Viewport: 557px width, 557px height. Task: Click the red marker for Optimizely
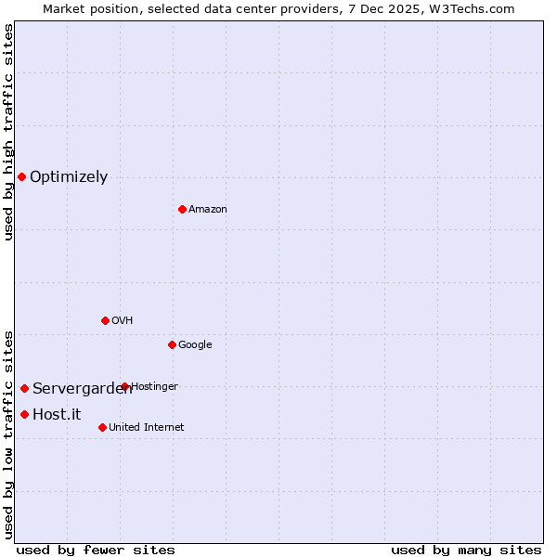coord(21,176)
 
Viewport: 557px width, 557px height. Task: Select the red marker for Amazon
coord(182,209)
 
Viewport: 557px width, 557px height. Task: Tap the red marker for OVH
coord(105,320)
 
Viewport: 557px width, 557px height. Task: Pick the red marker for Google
coord(172,344)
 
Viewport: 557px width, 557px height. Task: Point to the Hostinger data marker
coord(124,386)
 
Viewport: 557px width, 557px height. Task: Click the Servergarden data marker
coord(24,388)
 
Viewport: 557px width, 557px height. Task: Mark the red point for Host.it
coord(24,414)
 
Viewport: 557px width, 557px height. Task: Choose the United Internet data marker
coord(102,427)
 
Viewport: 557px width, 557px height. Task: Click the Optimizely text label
coord(69,176)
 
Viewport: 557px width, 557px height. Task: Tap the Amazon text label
coord(207,209)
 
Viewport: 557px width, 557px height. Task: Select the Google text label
coord(195,344)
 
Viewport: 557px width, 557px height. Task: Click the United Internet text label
coord(146,427)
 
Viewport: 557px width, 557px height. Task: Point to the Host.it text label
coord(57,414)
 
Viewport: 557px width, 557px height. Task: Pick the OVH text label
coord(122,320)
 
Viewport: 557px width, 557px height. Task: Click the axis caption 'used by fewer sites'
coord(96,550)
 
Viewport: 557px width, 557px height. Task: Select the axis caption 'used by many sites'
coord(466,550)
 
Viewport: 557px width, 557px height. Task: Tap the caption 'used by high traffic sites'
coord(8,132)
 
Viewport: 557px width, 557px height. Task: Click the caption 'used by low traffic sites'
coord(8,434)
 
